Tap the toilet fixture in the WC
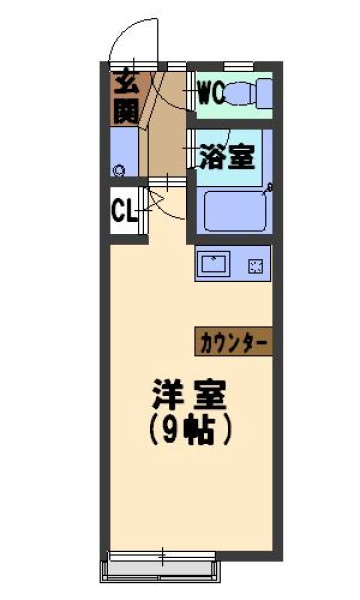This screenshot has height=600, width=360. point(248,93)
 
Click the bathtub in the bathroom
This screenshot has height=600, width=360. point(235,211)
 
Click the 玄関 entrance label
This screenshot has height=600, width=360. point(125,99)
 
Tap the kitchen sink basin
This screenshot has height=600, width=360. point(215,263)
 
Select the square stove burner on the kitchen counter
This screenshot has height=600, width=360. point(256,266)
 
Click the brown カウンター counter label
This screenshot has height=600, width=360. point(233,342)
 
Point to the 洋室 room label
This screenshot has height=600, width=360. point(189,394)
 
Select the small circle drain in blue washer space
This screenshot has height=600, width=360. point(120,170)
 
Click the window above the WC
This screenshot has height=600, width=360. point(239,66)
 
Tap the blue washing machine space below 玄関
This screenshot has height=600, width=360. point(124,152)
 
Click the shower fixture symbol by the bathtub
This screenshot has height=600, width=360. point(269,188)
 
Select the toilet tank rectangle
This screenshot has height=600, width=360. point(264,93)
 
